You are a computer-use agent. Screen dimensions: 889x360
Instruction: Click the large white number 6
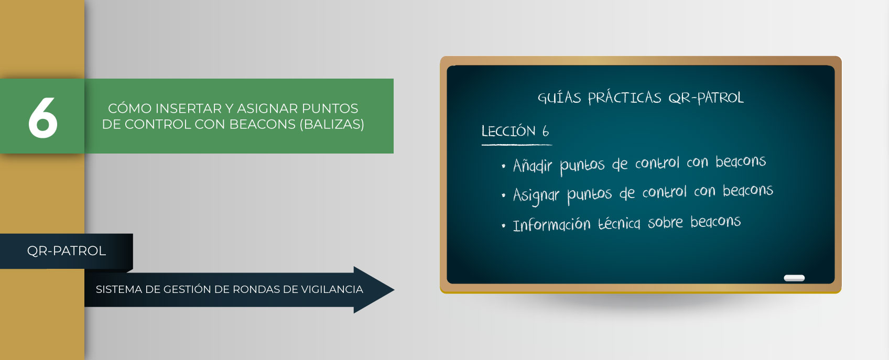tap(43, 118)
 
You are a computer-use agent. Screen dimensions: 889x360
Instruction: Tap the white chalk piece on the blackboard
tap(794, 278)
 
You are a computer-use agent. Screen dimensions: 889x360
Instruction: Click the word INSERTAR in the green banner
tap(188, 108)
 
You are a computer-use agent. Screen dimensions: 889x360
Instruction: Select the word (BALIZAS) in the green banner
tap(332, 124)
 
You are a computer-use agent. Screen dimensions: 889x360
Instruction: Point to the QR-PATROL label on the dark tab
tap(66, 251)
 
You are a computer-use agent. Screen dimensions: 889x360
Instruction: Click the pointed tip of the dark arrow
tap(394, 290)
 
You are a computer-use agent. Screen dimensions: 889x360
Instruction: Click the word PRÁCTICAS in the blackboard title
tap(625, 97)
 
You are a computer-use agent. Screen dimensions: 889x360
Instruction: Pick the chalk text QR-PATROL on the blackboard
tap(706, 97)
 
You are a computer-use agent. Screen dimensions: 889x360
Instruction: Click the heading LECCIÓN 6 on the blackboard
tap(515, 131)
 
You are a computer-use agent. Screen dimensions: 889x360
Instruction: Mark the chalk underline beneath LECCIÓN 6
tap(517, 145)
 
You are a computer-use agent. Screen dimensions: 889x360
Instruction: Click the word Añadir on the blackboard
tap(532, 165)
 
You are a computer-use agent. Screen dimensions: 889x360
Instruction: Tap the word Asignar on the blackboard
tap(536, 195)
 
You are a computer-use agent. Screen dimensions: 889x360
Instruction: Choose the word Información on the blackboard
tap(551, 225)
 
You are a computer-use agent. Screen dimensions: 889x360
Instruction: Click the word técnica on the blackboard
tap(619, 223)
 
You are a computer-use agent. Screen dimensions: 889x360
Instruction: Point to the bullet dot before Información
tap(503, 226)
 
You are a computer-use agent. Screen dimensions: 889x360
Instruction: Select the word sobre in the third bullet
tap(665, 222)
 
